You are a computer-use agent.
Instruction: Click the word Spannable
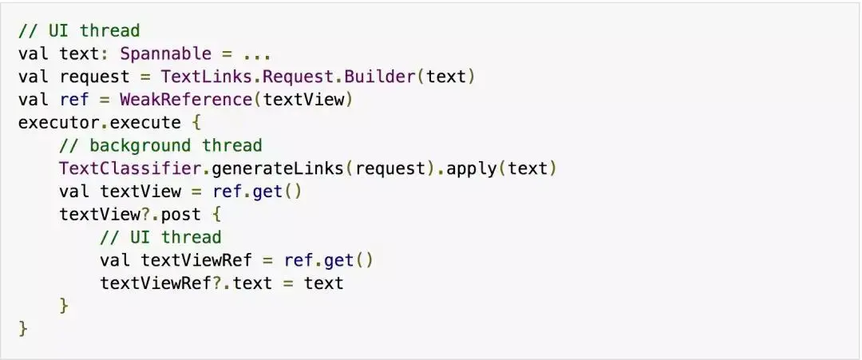(166, 54)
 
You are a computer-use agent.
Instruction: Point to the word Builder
(385, 77)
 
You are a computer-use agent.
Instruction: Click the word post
(180, 215)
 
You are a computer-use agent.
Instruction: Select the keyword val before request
(34, 77)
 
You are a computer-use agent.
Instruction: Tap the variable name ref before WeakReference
(75, 100)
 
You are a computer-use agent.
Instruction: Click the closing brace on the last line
(23, 328)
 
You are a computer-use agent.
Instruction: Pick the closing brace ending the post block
(65, 306)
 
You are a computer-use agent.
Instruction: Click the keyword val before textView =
(75, 192)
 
